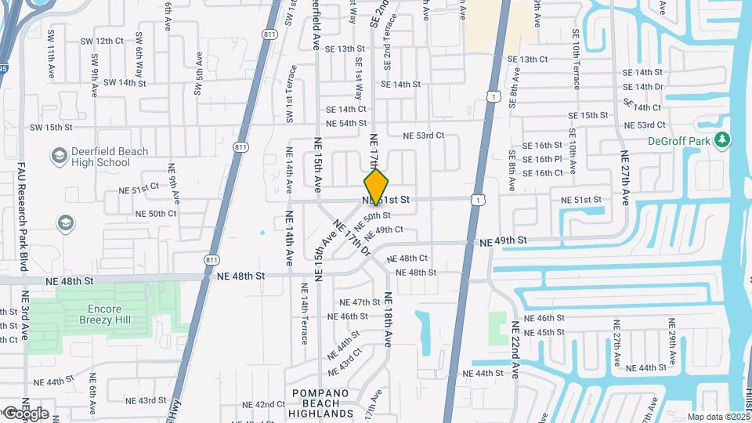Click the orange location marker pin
377,186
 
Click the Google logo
25,413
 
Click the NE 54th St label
346,123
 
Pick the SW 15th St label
51,127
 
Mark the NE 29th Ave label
673,343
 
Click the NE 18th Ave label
387,320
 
